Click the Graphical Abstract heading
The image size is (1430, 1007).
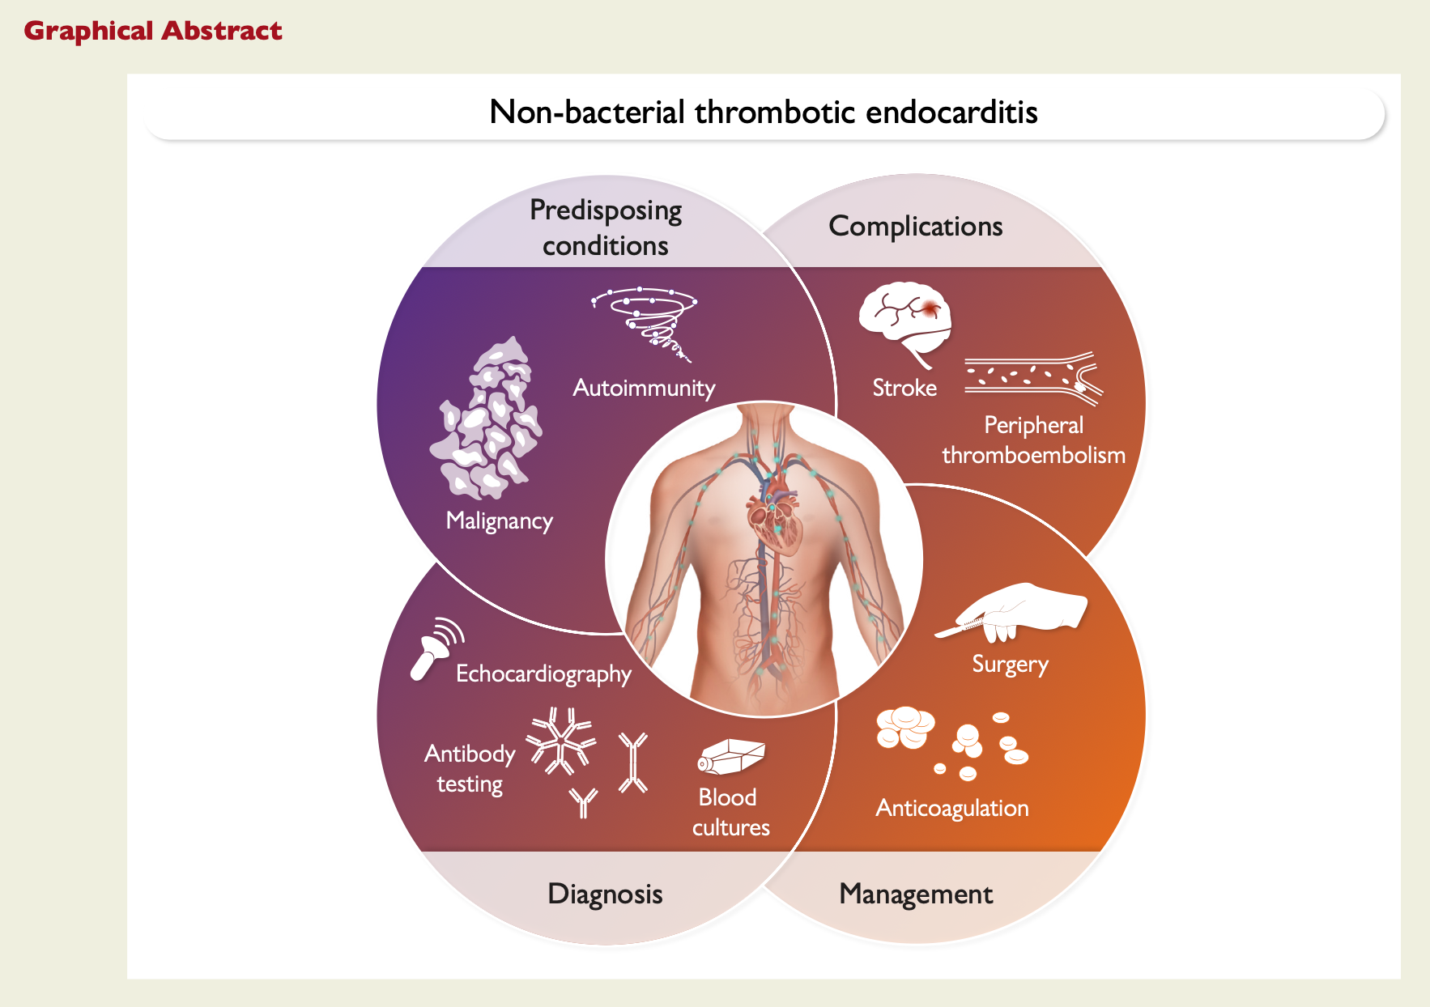(x=153, y=31)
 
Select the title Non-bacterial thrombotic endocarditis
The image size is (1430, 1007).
(x=764, y=112)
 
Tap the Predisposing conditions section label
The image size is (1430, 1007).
(x=606, y=227)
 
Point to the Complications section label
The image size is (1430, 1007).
(x=916, y=227)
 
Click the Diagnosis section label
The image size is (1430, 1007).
(x=605, y=894)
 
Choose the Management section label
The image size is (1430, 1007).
(x=916, y=894)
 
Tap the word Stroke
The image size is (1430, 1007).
(x=904, y=388)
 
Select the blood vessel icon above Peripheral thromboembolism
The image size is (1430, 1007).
(x=1034, y=378)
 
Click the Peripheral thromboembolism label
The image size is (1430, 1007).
(x=1033, y=440)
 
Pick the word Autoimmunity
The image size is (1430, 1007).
(x=644, y=389)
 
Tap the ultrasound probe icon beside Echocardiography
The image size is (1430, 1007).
(x=436, y=648)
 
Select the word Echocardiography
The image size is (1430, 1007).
(x=543, y=674)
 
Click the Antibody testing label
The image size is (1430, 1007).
(x=470, y=769)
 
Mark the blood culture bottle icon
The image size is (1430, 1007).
(x=731, y=756)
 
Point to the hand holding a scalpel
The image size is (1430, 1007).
(x=1012, y=612)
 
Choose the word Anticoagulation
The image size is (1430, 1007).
(x=952, y=809)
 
